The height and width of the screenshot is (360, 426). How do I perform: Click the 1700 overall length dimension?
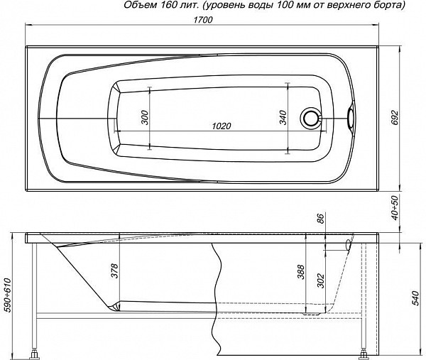(x=204, y=20)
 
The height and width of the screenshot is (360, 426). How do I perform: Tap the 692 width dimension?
(x=395, y=117)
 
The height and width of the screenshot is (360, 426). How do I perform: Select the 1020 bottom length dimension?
(x=222, y=126)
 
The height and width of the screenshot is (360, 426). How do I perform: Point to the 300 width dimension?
(x=145, y=117)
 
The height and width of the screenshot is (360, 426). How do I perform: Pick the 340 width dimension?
(x=283, y=117)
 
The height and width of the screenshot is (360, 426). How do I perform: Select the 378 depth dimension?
(x=115, y=271)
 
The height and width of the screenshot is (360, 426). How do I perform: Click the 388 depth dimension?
(x=301, y=272)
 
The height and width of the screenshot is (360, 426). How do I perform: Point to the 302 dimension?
(x=321, y=280)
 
